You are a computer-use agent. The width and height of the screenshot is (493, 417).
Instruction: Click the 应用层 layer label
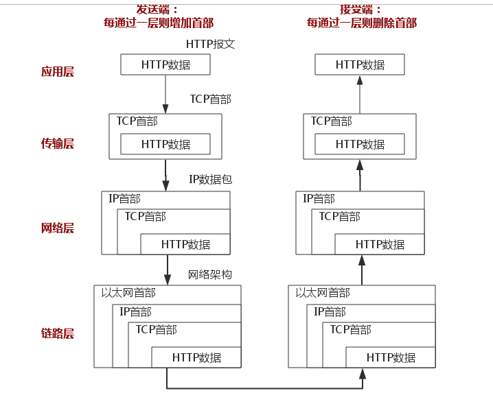[x=57, y=72]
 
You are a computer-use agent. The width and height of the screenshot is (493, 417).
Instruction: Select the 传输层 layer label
[x=57, y=143]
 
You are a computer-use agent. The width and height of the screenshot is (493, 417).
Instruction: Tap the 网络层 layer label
[x=57, y=228]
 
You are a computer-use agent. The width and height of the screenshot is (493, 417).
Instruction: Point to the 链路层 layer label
[x=57, y=334]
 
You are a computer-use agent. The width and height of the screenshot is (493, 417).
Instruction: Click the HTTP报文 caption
[x=210, y=44]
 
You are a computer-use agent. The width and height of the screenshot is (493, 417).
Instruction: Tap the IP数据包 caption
[x=210, y=179]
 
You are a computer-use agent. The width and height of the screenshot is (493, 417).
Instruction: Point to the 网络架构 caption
[x=210, y=274]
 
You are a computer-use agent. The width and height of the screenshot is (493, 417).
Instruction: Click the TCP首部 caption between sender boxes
[x=210, y=99]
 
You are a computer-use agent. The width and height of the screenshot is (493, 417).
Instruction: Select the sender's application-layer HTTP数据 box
[x=165, y=65]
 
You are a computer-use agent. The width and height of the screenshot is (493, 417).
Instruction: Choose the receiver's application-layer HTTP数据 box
[x=360, y=65]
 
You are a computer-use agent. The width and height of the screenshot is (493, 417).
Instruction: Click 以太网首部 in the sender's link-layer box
[x=128, y=293]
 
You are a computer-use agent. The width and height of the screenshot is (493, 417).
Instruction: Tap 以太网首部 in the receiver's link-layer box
[x=323, y=293]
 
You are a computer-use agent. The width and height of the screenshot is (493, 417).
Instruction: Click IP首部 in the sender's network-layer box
[x=124, y=199]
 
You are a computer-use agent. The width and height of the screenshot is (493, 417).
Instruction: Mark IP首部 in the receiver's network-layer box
[x=319, y=199]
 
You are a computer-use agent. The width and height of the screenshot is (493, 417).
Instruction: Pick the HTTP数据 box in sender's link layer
[x=196, y=357]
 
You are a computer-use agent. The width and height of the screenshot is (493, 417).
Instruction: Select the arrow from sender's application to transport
[x=165, y=93]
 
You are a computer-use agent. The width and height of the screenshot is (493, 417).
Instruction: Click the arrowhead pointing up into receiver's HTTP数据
[x=360, y=81]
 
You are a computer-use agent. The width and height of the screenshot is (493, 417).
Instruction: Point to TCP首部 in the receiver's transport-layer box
[x=331, y=121]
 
